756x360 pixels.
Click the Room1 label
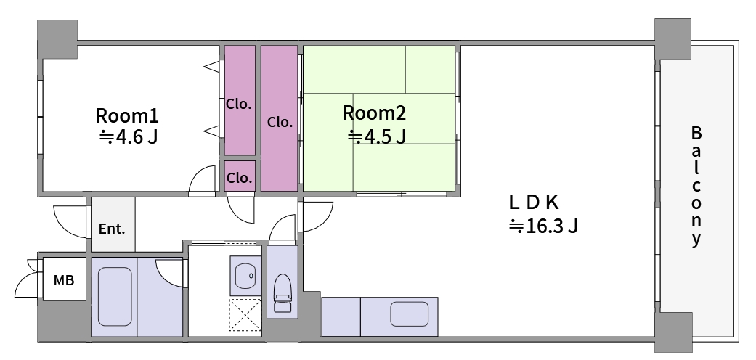(127, 116)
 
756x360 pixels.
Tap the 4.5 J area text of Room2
(377, 137)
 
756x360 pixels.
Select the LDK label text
(534, 203)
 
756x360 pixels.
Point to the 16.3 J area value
(543, 226)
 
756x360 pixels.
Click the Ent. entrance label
(112, 229)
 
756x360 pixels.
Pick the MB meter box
(64, 279)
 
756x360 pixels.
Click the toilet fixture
(282, 293)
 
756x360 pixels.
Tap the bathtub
(115, 296)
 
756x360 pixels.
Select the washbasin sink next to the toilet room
(245, 275)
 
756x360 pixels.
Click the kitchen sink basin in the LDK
(410, 314)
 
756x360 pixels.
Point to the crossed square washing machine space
(245, 315)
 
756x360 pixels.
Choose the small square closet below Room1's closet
(240, 176)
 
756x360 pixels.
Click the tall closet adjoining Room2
(279, 118)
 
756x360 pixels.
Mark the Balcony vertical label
(696, 186)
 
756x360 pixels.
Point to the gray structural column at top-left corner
(57, 39)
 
